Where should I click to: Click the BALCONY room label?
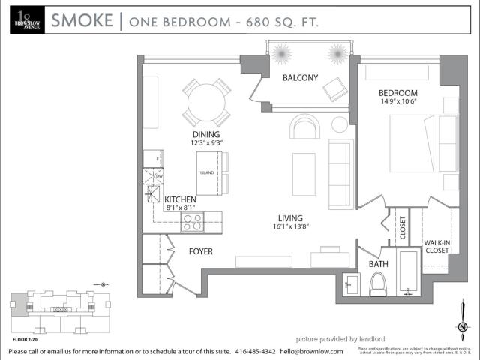(300, 78)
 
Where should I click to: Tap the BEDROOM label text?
(397, 93)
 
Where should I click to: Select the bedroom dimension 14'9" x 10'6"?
(397, 103)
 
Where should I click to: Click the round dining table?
(206, 103)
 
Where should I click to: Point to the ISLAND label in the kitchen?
(207, 173)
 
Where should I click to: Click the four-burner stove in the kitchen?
(193, 222)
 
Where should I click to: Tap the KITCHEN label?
(180, 199)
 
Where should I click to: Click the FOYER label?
(200, 252)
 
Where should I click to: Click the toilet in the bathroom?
(378, 284)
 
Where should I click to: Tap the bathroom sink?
(352, 285)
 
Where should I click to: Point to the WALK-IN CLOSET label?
(436, 247)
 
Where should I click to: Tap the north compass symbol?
(463, 327)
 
